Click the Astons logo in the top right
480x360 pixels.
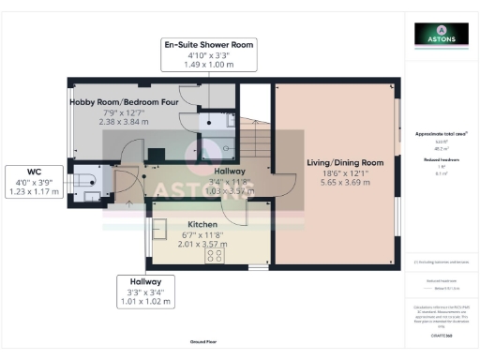442,35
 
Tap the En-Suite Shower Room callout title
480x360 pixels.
208,44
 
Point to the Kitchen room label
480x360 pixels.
203,225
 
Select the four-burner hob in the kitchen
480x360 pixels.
216,254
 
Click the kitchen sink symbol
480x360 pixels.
160,229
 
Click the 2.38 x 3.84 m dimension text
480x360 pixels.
125,122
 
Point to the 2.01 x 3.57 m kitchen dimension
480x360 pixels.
203,244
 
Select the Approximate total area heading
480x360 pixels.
442,134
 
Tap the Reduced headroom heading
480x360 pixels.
442,160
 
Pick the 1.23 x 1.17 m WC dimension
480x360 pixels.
35,191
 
